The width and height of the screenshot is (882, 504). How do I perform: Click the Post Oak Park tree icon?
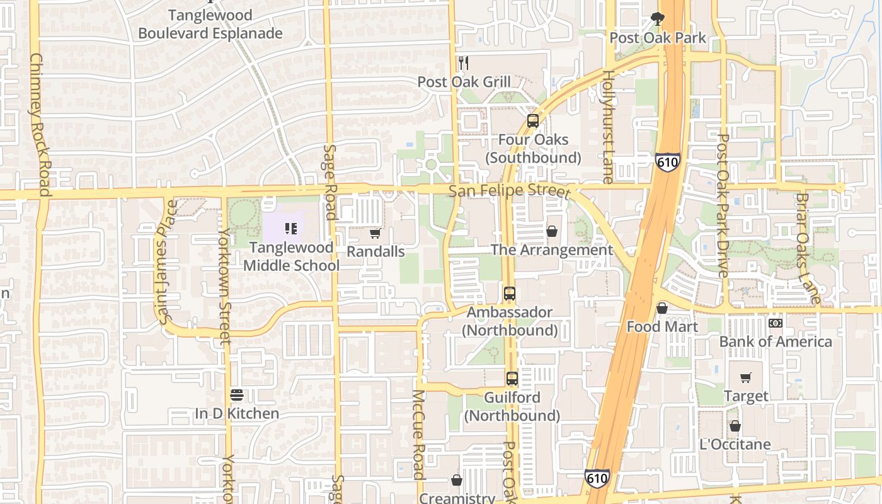[x=658, y=19]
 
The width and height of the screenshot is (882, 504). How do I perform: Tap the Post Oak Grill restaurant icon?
[x=464, y=62]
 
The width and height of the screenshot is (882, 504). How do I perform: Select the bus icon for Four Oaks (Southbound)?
[x=533, y=120]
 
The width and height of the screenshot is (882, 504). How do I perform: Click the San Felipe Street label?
[x=509, y=191]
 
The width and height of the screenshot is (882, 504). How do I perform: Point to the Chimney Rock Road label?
[x=40, y=124]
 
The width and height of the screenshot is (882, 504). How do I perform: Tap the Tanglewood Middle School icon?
[x=291, y=228]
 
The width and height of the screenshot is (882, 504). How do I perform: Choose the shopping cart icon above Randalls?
[x=375, y=234]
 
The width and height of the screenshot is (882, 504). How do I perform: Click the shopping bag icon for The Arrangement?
[x=552, y=231]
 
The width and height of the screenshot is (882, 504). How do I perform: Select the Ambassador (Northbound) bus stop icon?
[x=510, y=293]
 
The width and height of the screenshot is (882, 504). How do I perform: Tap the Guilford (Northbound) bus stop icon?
[x=512, y=379]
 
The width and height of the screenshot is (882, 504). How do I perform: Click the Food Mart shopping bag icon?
[x=662, y=308]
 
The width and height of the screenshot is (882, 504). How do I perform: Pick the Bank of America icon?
[x=776, y=323]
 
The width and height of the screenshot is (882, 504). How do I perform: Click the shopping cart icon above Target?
[x=746, y=377]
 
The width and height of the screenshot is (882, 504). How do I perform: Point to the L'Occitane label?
[x=735, y=444]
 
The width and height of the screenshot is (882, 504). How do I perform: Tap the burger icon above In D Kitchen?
[x=237, y=395]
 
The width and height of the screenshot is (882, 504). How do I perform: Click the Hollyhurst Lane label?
[x=608, y=127]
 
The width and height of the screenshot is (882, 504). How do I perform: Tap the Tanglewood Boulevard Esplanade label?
[x=210, y=24]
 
